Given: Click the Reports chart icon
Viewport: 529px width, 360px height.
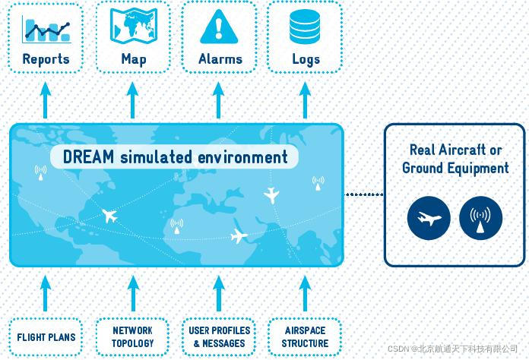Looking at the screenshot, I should [x=46, y=28].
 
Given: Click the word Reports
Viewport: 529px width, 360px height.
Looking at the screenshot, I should [x=46, y=58].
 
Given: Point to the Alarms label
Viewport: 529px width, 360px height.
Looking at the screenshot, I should [x=220, y=58].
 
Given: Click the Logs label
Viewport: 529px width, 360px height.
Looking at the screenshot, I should [x=306, y=58].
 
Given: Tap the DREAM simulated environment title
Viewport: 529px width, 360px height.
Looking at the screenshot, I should [x=176, y=157].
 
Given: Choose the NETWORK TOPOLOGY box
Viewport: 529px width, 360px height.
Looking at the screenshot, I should [x=132, y=336].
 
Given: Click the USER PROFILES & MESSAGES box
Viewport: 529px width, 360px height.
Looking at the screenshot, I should [x=220, y=336].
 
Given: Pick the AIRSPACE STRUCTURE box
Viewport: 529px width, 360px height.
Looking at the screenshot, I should [x=305, y=336].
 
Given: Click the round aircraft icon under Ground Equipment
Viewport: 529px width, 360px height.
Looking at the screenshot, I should [x=429, y=219].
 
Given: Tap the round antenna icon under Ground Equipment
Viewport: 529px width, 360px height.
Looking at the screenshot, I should [x=480, y=219].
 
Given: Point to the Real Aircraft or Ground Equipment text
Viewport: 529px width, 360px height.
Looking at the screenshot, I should [x=455, y=159].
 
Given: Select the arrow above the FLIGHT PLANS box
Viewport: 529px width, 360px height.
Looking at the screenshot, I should [x=46, y=292].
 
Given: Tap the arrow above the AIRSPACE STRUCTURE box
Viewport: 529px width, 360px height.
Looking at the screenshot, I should [x=306, y=292].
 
